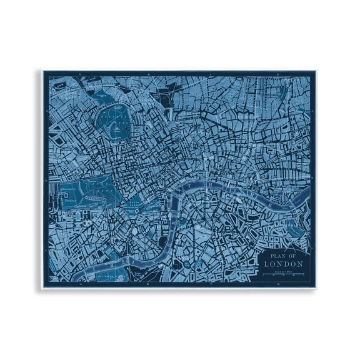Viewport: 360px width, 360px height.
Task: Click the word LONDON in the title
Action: (x=284, y=263)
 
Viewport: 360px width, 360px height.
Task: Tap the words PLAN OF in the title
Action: (x=284, y=254)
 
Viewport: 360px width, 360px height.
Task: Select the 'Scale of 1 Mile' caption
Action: (x=284, y=271)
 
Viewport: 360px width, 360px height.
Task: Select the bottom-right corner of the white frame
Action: (x=320, y=289)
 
